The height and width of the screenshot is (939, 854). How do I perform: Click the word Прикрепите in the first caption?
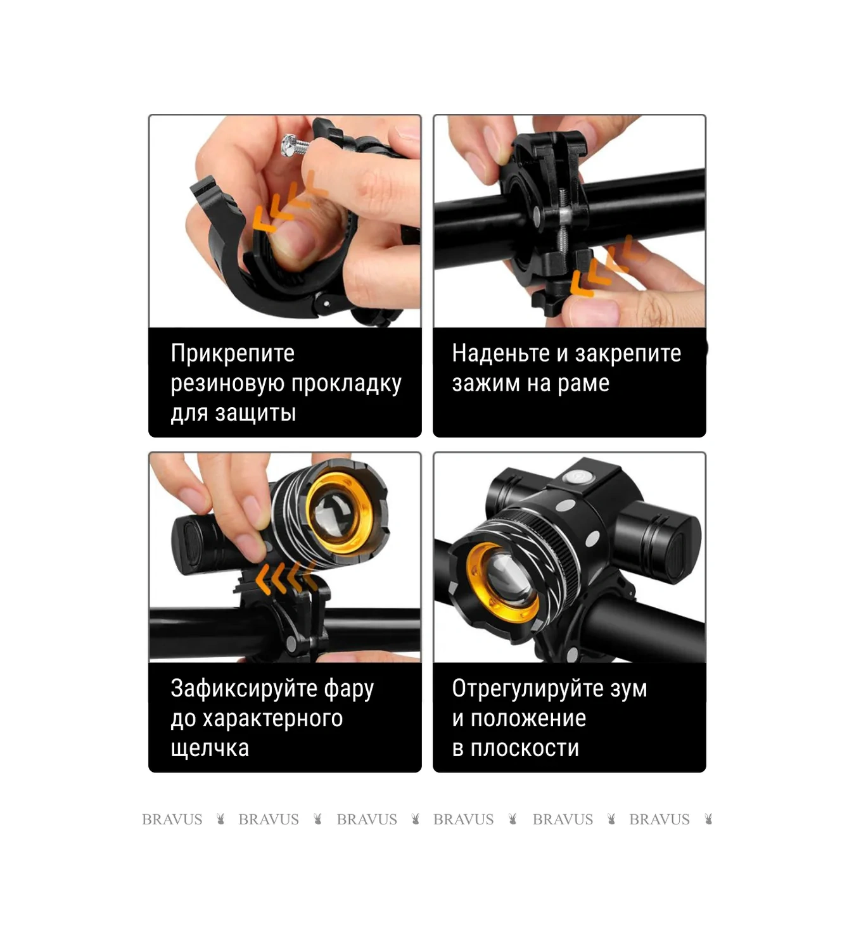click(233, 353)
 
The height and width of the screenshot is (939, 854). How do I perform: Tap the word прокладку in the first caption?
click(347, 384)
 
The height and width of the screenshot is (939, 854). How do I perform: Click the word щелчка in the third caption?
click(210, 748)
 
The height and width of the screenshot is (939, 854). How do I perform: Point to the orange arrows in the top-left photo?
click(288, 201)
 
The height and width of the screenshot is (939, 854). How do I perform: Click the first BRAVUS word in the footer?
click(172, 819)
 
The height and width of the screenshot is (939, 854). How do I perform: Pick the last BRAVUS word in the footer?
click(659, 819)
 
